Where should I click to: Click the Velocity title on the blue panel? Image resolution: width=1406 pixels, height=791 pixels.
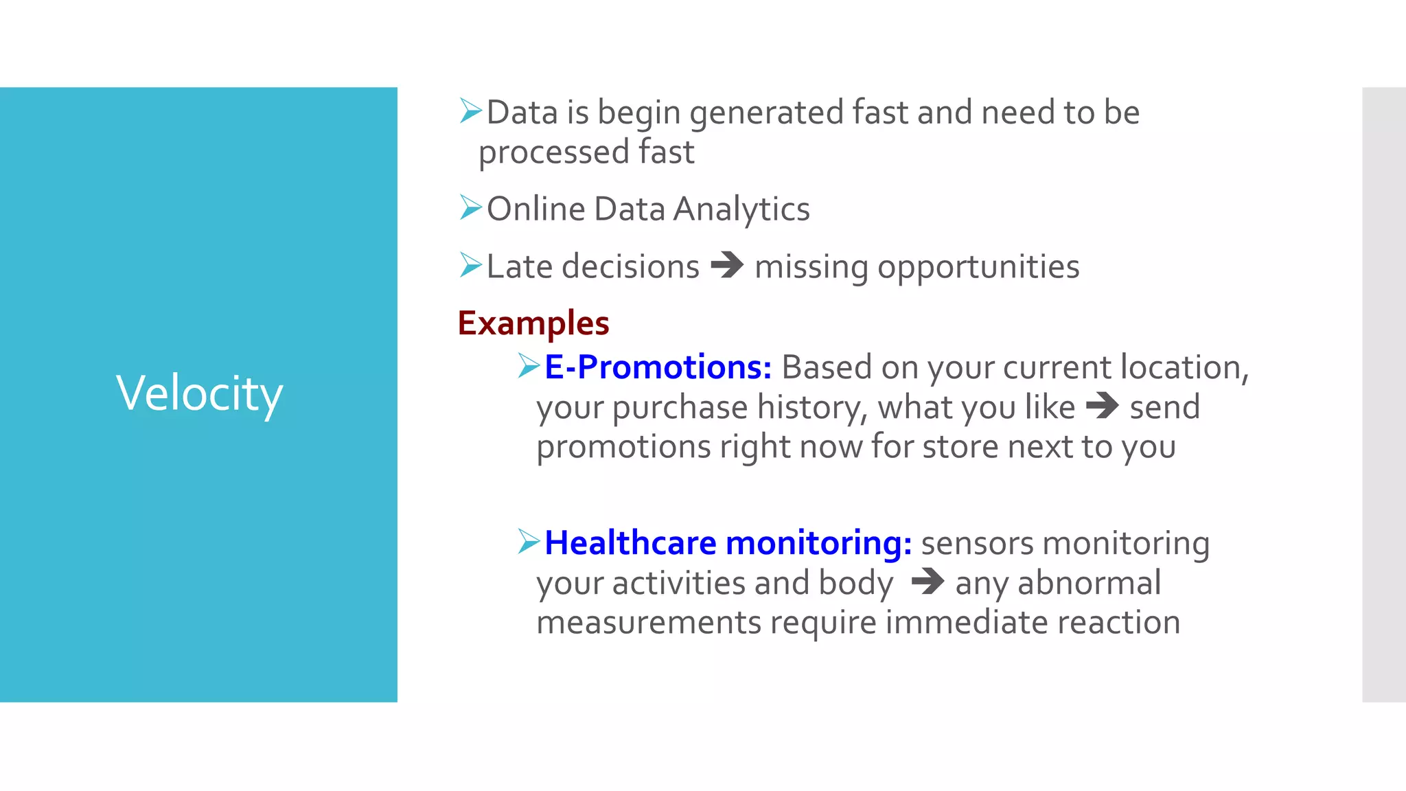click(x=199, y=393)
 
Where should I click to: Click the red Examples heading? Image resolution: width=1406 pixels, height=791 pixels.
click(x=533, y=323)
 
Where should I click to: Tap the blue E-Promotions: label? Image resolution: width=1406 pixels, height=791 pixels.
click(x=658, y=367)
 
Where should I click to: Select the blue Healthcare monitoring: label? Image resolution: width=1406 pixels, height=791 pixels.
click(x=728, y=542)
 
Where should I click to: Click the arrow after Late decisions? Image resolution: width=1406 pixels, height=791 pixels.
click(x=727, y=265)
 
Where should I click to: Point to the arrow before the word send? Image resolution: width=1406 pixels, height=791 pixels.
click(x=1103, y=405)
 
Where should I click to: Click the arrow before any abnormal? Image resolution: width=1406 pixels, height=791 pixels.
click(x=927, y=582)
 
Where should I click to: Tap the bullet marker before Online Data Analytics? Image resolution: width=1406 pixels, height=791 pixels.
click(x=471, y=207)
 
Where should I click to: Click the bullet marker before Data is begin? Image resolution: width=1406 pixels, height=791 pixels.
click(x=471, y=111)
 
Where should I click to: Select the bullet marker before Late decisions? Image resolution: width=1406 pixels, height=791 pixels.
click(x=471, y=265)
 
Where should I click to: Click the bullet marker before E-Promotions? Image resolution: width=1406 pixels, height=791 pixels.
click(x=529, y=366)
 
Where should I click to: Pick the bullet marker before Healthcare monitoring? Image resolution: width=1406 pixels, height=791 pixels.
click(x=529, y=542)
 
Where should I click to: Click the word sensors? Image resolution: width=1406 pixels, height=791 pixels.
click(x=976, y=543)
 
